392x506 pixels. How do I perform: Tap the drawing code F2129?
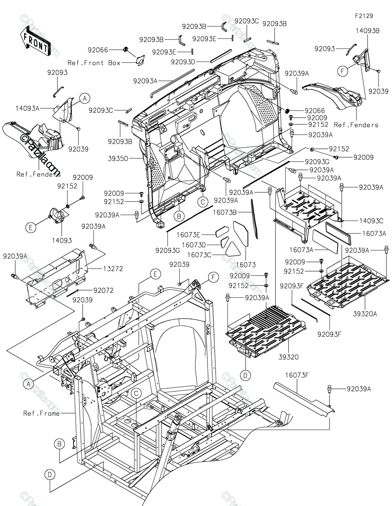364,16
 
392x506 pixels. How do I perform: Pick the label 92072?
103,290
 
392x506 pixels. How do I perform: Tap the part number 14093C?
371,221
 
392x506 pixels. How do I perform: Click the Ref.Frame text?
41,413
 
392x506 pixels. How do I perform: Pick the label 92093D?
183,62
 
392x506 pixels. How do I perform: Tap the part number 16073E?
189,234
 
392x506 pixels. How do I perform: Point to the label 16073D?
194,245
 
